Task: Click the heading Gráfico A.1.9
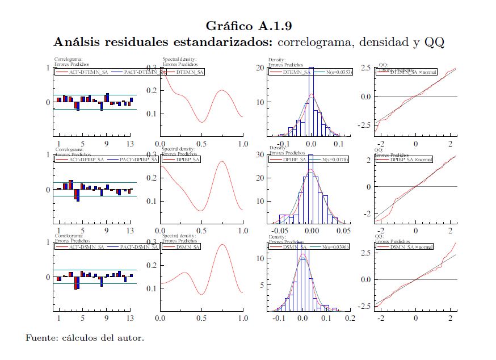click(x=249, y=26)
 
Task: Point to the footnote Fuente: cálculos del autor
click(x=85, y=338)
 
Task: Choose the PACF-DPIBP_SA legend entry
click(x=134, y=160)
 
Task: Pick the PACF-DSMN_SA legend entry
click(x=134, y=247)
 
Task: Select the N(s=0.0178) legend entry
click(x=330, y=160)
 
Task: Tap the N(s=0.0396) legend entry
click(x=330, y=247)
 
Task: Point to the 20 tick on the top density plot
click(x=261, y=68)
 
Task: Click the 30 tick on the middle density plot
click(x=261, y=154)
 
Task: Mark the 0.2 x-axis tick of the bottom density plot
click(x=349, y=318)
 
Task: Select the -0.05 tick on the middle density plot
click(x=280, y=231)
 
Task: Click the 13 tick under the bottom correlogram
click(x=130, y=318)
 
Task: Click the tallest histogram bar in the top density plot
click(x=311, y=102)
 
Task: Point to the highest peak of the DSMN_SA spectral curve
click(x=222, y=245)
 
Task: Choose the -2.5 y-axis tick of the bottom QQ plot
click(x=365, y=306)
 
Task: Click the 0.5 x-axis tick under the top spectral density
click(x=201, y=144)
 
